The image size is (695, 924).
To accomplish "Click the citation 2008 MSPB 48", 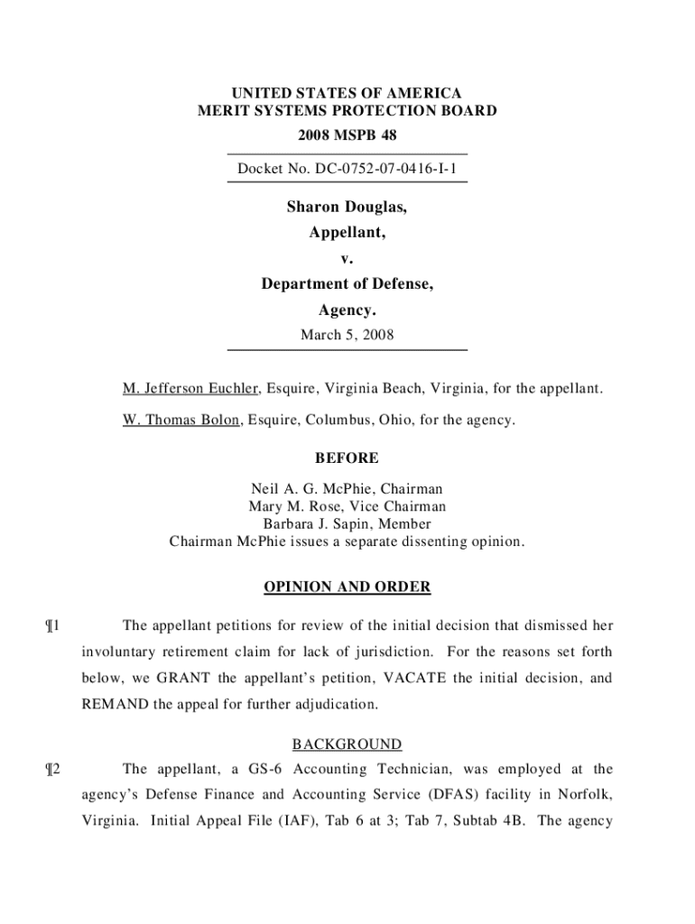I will tap(347, 135).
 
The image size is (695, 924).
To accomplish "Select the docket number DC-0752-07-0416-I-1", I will tap(347, 169).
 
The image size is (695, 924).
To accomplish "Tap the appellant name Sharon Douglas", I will tap(347, 208).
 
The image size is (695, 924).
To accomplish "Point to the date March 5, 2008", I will tap(347, 336).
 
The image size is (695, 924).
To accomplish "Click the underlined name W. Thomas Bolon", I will tap(181, 420).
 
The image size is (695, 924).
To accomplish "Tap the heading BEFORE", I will tap(347, 458).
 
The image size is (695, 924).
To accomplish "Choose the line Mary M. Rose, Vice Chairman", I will tap(347, 506).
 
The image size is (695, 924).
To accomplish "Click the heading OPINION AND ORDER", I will tap(347, 587).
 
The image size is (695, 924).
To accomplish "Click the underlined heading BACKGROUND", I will tap(347, 744).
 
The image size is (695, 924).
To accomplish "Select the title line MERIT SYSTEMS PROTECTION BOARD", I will tap(347, 111).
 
